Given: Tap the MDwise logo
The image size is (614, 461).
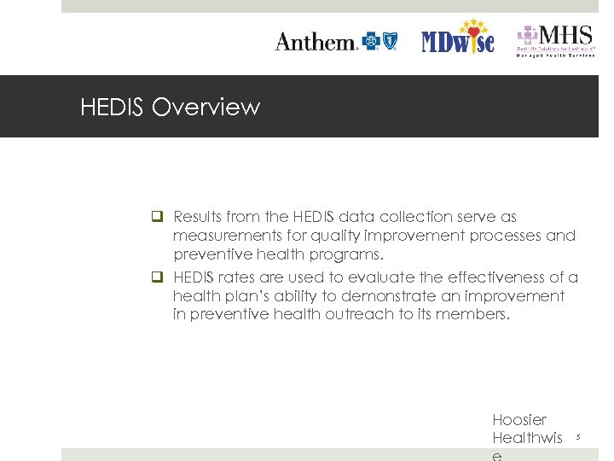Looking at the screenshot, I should tap(458, 38).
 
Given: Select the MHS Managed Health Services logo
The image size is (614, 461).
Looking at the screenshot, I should tap(554, 40).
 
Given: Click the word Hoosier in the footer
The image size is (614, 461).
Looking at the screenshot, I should tap(519, 420).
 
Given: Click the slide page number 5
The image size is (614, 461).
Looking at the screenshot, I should tap(577, 438).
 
